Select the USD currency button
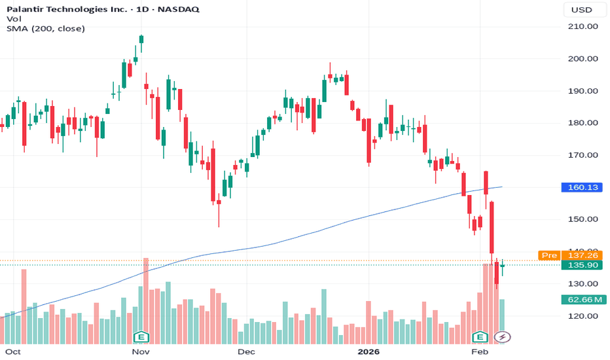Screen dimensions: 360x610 point(582,10)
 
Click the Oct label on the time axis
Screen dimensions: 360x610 point(13,351)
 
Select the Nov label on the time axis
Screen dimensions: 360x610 point(141,351)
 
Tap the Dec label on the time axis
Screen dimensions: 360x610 point(246,351)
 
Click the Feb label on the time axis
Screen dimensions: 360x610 point(480,351)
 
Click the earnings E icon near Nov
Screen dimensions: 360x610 point(139,337)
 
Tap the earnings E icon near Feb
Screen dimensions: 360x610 point(480,337)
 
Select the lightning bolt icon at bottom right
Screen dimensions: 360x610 point(503,337)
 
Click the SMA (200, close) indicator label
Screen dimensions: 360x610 point(46,28)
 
